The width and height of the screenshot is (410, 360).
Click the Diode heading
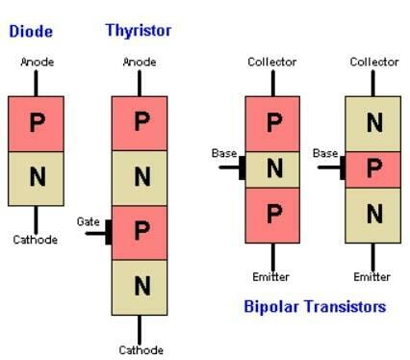[30, 31]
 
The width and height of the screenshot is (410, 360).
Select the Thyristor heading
[139, 30]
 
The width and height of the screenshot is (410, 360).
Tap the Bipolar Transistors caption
[316, 306]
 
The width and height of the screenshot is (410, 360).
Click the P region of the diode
[37, 123]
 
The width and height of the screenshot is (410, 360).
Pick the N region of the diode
[37, 177]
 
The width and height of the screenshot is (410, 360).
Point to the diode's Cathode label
[34, 239]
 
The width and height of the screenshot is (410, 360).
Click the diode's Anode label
[37, 63]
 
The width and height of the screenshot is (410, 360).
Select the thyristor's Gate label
[89, 221]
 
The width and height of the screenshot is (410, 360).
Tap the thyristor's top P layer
[141, 123]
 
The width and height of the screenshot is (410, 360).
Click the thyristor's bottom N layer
[141, 286]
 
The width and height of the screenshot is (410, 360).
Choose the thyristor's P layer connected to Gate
[141, 232]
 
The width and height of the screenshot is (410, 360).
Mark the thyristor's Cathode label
[141, 350]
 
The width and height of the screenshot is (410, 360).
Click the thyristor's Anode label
[141, 63]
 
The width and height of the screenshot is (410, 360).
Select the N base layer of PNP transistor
[274, 168]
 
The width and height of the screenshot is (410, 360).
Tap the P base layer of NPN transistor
[373, 168]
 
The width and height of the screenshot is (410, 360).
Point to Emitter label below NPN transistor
[372, 277]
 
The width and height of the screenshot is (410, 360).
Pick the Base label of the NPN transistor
[325, 154]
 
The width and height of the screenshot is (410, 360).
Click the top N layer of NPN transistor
[373, 123]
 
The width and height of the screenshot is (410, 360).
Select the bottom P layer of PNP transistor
[274, 214]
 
